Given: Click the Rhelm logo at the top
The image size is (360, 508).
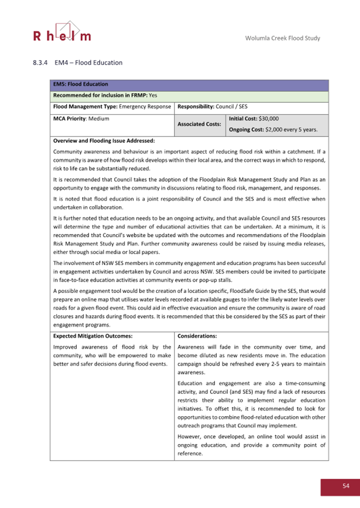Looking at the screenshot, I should [x=62, y=31].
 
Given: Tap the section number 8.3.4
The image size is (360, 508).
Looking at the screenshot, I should [x=41, y=63].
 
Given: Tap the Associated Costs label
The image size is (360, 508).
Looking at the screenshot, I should [x=200, y=124].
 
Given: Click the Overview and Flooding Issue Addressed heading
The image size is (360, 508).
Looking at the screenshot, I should [x=104, y=141].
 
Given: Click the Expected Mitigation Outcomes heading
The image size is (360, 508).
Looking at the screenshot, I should [x=93, y=336].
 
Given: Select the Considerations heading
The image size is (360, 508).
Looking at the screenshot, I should [x=197, y=336].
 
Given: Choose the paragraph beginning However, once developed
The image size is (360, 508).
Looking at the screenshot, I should [x=251, y=445].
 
